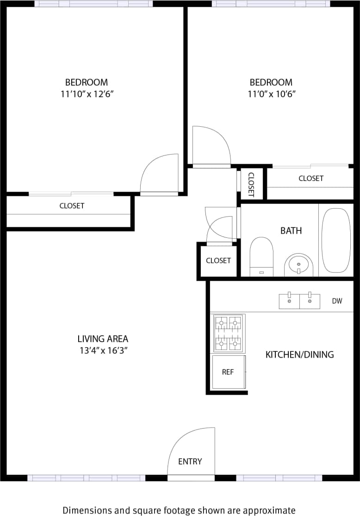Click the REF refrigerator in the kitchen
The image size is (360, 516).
[228, 372]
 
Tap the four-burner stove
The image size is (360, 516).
[229, 332]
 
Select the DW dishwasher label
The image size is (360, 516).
[337, 301]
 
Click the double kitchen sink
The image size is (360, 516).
[299, 301]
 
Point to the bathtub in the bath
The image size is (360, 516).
[336, 240]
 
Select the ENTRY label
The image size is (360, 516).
[190, 461]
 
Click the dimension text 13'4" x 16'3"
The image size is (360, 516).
[103, 351]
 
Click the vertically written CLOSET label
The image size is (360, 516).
[251, 184]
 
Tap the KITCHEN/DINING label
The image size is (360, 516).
[299, 355]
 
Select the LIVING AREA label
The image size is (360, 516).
[103, 339]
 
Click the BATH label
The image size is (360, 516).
[291, 230]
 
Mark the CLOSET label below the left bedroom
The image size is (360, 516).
[72, 206]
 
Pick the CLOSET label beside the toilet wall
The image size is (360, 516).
[218, 261]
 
